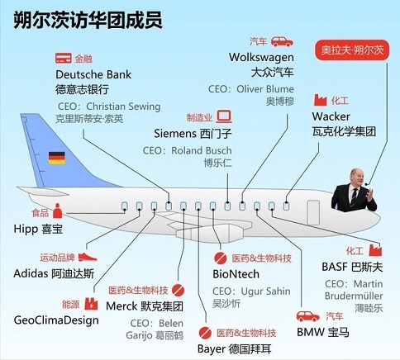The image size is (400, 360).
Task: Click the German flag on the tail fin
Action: [57, 158]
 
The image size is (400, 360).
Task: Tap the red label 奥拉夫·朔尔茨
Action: [352, 50]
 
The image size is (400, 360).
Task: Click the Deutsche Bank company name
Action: [93, 74]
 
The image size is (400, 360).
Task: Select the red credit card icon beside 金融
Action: [64, 58]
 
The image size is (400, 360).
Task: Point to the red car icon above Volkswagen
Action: [282, 41]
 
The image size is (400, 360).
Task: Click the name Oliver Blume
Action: [265, 89]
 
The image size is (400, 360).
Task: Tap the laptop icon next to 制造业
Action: [224, 116]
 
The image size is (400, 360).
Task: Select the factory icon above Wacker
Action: [320, 100]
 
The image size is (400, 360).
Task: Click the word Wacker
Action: [331, 116]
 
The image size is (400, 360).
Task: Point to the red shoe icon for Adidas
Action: [88, 257]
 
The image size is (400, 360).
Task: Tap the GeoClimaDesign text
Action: [56, 320]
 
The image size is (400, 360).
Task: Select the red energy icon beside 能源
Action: [91, 304]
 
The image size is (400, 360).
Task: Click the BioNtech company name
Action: [236, 274]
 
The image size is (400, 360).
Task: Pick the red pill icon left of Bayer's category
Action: [205, 333]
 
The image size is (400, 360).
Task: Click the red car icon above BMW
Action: [308, 316]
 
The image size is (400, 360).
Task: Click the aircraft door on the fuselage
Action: [313, 212]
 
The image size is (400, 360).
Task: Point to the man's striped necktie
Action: [354, 197]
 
